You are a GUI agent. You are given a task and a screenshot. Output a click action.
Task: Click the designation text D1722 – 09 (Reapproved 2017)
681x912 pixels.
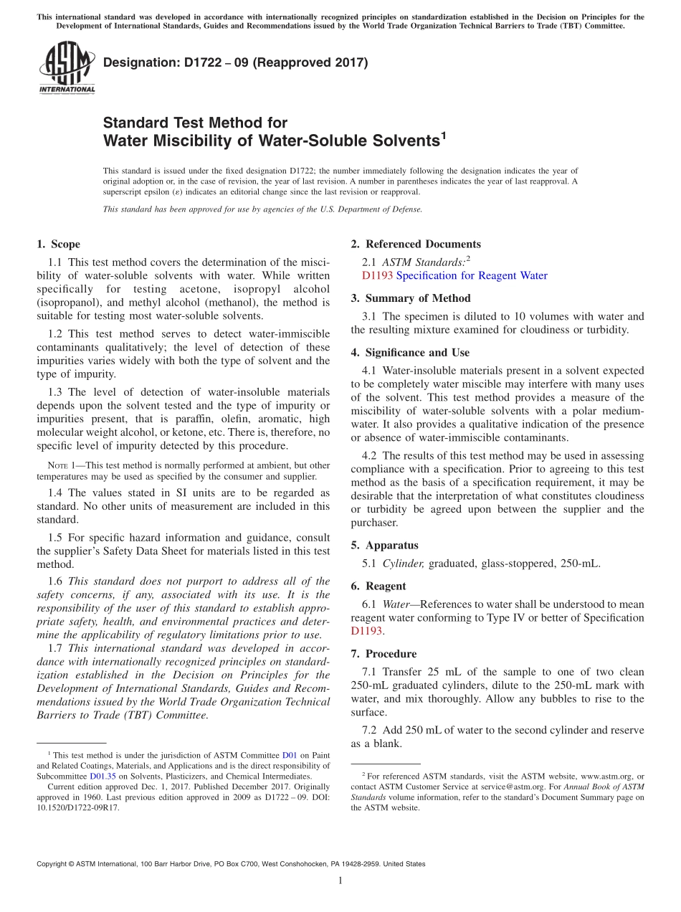coord(235,62)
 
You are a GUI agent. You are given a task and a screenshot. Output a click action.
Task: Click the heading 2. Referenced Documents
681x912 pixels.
coord(416,244)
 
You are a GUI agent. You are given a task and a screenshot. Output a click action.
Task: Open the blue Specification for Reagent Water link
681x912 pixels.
coord(472,275)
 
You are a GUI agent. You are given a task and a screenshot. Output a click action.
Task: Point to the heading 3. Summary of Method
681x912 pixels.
coord(411,298)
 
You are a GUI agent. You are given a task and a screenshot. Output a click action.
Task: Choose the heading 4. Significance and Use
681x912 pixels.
coord(410,352)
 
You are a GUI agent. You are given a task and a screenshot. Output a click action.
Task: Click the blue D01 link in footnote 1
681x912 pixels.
coord(290,755)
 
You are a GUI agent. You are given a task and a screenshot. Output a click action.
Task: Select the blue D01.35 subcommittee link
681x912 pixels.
coord(101,776)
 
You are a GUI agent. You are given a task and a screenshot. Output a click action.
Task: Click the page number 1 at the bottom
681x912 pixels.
coord(340,880)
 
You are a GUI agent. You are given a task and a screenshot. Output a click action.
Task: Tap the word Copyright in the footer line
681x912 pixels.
coord(55,864)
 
